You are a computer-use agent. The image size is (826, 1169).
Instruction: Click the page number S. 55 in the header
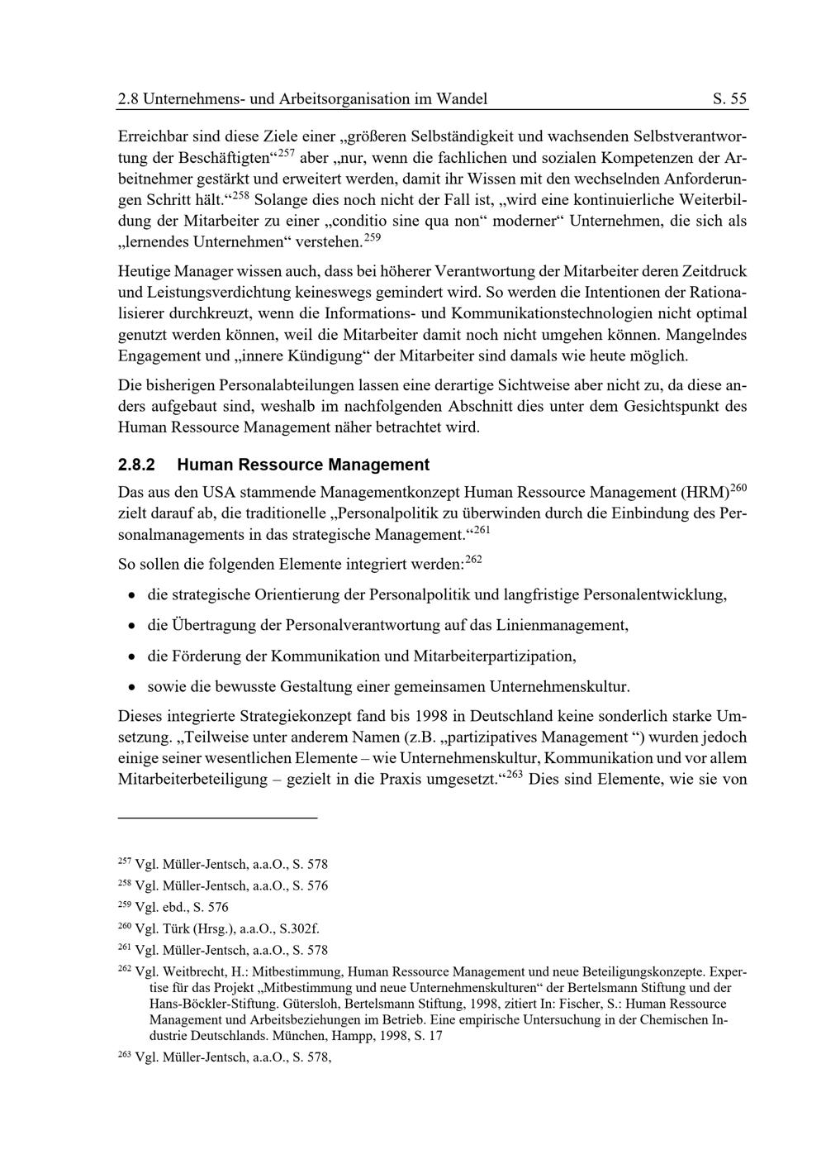coord(729,99)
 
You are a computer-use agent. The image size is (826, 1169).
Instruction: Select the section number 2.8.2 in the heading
coord(137,465)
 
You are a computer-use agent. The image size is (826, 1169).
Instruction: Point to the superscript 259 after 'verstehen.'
coord(373,238)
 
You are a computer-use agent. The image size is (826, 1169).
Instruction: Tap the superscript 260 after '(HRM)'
coord(738,488)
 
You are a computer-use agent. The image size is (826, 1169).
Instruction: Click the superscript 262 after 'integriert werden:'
coord(473,560)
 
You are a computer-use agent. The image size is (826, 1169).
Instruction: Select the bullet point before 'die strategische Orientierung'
coord(131,595)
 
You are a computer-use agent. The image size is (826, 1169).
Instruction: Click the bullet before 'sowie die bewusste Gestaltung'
coord(131,687)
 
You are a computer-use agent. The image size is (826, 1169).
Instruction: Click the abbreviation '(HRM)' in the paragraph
coord(705,493)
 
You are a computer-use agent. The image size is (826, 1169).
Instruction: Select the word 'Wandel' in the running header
coord(462,99)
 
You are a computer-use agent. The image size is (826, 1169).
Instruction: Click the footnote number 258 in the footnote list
coord(125,883)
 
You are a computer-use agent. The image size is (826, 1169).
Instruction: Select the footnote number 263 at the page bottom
coord(125,1054)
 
